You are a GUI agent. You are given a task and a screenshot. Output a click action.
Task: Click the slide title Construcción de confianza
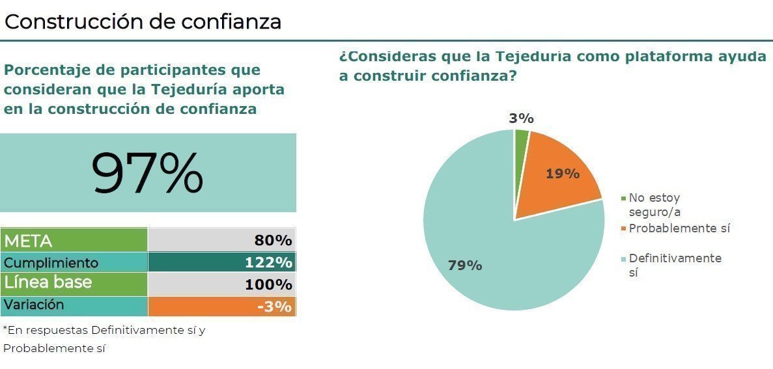pos(143,21)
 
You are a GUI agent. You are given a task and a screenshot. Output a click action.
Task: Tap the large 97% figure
pos(147,173)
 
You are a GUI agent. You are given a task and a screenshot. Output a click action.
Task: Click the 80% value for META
pos(273,240)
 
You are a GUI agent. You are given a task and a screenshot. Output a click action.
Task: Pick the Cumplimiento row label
pos(51,263)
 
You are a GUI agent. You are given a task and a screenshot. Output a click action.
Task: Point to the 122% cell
pos(268,263)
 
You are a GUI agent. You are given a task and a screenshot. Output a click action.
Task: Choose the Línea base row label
pos(48,284)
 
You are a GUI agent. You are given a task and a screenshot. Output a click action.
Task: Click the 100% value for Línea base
pos(268,284)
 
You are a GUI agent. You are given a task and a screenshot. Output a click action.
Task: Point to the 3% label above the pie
pos(522,118)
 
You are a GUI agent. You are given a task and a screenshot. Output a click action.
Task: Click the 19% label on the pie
pos(563,174)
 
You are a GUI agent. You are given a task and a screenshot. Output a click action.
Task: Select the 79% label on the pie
pos(465,266)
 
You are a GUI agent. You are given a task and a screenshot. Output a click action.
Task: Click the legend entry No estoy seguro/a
pos(654,204)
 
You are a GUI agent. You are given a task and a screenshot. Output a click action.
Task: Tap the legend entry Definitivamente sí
pos(674,265)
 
